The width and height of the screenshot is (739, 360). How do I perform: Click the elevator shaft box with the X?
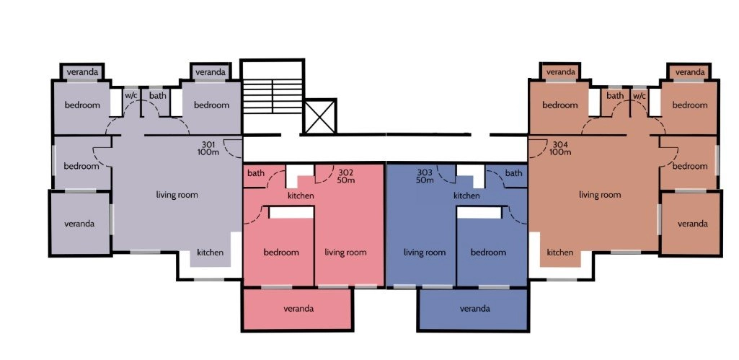(320, 116)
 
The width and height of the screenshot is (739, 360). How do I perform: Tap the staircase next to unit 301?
(272, 97)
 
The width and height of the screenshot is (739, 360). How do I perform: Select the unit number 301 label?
(208, 144)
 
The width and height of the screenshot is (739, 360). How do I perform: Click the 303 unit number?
(425, 172)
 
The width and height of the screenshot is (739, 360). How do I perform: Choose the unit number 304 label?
(560, 144)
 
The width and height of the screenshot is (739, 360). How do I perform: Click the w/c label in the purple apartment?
(131, 95)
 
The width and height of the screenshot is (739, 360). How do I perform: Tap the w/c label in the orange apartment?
(639, 96)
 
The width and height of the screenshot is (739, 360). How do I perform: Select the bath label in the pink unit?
(256, 173)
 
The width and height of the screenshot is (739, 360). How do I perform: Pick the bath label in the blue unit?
(514, 173)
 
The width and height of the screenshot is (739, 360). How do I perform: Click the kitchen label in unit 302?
(301, 196)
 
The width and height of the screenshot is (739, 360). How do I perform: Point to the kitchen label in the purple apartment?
(211, 252)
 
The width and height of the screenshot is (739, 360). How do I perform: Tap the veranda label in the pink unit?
(298, 309)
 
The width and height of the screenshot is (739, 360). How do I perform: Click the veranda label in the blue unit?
(474, 309)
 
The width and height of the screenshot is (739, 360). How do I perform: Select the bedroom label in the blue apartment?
(488, 253)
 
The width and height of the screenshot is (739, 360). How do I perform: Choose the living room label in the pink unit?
(345, 253)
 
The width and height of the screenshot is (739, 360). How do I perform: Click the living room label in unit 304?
(600, 194)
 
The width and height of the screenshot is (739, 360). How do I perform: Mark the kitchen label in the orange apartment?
(560, 253)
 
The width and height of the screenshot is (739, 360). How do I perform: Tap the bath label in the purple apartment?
(158, 96)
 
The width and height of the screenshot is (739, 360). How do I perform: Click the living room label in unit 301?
(177, 194)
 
